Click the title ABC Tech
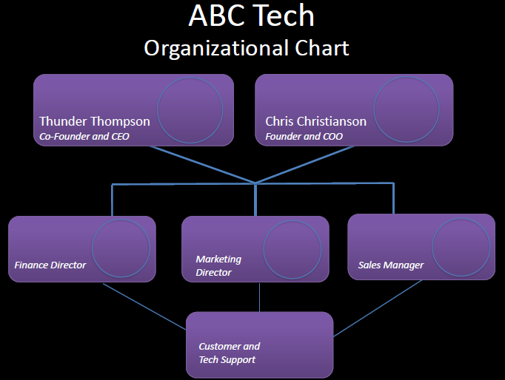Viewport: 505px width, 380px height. tap(252, 16)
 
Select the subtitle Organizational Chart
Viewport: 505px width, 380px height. tap(247, 49)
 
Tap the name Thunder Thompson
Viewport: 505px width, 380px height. tap(94, 121)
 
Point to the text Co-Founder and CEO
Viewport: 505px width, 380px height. tap(84, 136)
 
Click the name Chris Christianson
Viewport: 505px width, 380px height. tap(315, 121)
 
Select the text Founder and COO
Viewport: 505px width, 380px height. tap(304, 136)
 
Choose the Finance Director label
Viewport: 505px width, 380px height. tap(50, 265)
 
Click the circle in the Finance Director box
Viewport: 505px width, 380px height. tap(120, 248)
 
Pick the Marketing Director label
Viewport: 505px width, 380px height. tap(218, 265)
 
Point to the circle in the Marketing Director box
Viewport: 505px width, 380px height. tap(292, 249)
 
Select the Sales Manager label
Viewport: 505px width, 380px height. tap(391, 265)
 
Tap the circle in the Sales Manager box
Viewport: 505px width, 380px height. tap(461, 248)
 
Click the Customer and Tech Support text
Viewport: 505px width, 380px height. tap(229, 352)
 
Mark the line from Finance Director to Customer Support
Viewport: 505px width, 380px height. tap(144, 306)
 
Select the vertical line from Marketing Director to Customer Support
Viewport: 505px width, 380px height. tap(259, 296)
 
